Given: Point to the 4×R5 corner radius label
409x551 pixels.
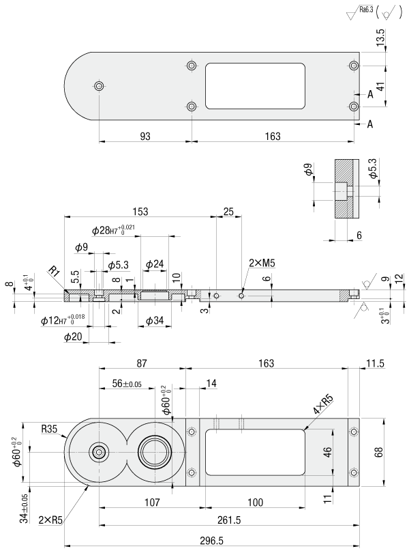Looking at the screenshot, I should point(323,408).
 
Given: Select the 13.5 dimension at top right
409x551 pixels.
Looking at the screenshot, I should point(380,36).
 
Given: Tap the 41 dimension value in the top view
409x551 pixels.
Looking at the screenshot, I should point(380,87).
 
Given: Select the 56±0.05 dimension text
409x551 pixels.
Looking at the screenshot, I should point(127,385).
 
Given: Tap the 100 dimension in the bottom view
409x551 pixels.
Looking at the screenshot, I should point(254,503).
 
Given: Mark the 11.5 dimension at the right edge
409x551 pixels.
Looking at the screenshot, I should point(376,364).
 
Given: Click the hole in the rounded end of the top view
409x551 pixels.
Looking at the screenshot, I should point(100,86).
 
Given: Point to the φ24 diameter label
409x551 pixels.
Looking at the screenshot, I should point(154,264).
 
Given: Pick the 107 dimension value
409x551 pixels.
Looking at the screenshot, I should point(151,503).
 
